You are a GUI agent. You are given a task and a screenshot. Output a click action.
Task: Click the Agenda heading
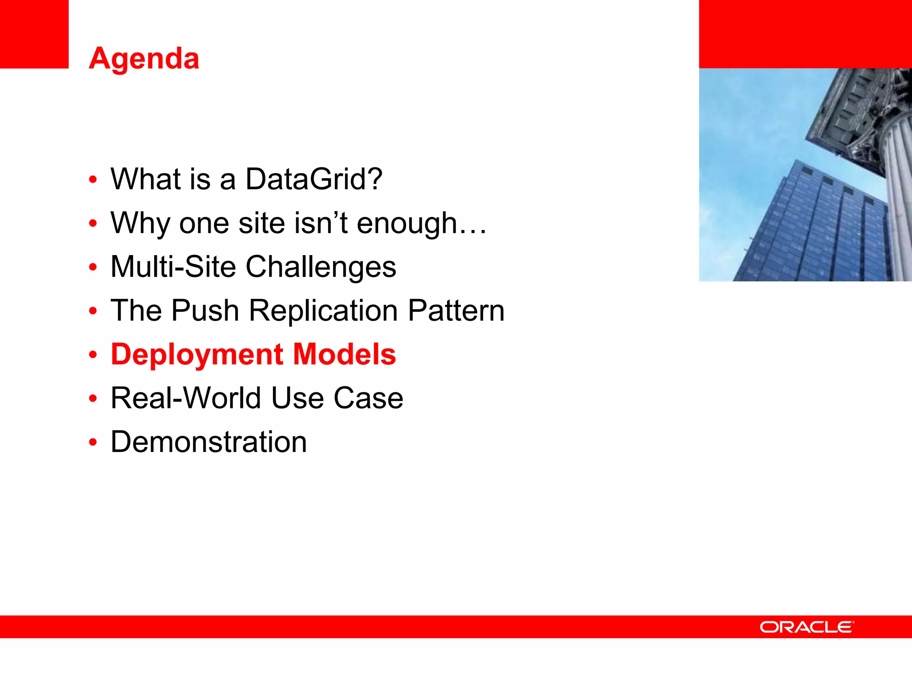(144, 59)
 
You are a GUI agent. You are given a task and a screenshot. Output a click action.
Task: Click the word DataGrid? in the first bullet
(313, 179)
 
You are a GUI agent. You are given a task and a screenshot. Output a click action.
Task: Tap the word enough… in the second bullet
(421, 223)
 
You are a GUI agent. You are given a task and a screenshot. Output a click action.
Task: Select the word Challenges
(321, 267)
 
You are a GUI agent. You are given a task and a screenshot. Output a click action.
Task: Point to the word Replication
(323, 310)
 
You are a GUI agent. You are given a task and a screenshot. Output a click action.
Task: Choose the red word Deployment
(197, 355)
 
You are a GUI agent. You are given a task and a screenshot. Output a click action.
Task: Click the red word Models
(345, 354)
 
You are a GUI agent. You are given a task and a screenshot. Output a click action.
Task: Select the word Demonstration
(208, 442)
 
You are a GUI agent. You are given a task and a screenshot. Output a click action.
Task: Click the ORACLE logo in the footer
(806, 627)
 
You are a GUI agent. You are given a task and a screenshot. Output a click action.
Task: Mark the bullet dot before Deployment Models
(93, 355)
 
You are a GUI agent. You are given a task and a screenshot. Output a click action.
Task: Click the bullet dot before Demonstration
(93, 443)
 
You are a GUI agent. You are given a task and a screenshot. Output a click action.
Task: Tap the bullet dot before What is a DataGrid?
(93, 180)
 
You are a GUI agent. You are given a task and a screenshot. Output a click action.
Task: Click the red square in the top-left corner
(34, 34)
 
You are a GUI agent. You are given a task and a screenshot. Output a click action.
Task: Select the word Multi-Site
(173, 267)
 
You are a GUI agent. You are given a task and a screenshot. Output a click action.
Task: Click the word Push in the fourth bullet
(205, 310)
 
